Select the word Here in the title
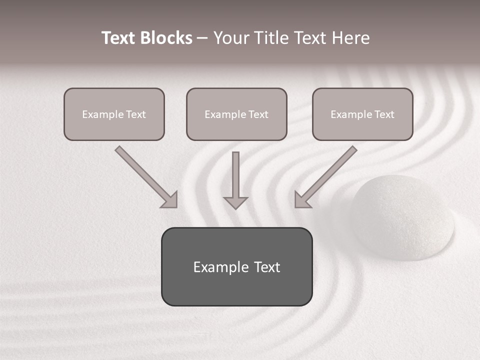pyautogui.click(x=350, y=38)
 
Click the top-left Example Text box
pyautogui.click(x=114, y=114)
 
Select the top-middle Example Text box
pyautogui.click(x=236, y=114)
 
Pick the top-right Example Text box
pyautogui.click(x=362, y=114)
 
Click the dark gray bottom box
pyautogui.click(x=236, y=266)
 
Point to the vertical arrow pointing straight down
pyautogui.click(x=235, y=180)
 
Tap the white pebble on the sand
pyautogui.click(x=402, y=217)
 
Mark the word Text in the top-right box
pyautogui.click(x=384, y=114)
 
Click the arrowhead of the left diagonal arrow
pyautogui.click(x=170, y=200)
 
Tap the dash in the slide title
pyautogui.click(x=202, y=38)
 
